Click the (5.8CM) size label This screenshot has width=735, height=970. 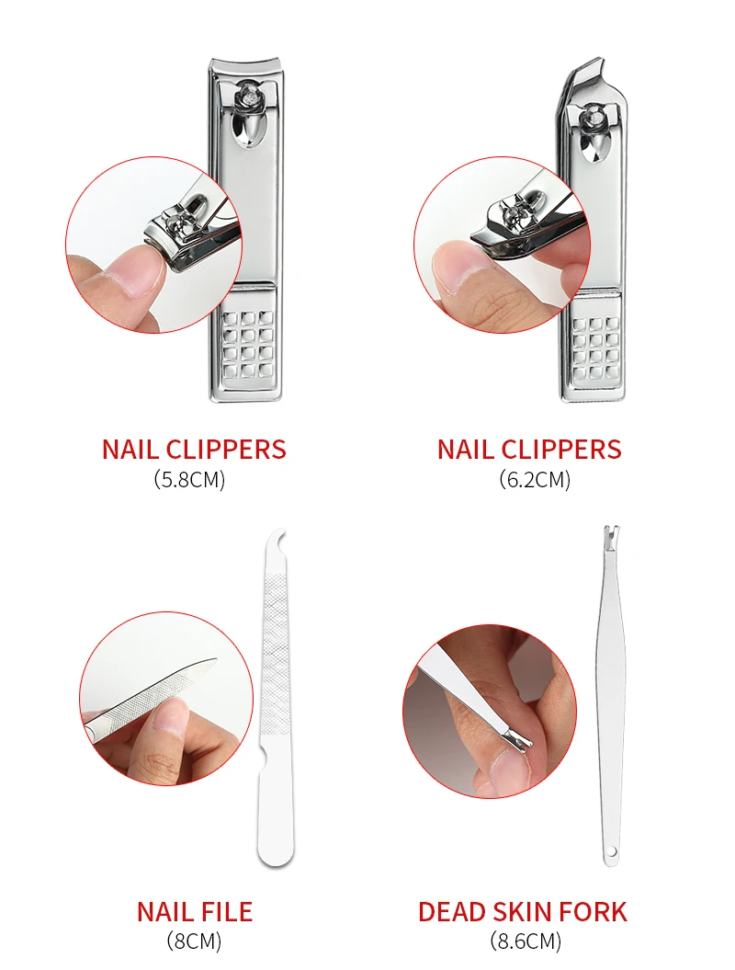(189, 479)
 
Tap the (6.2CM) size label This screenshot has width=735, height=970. (535, 479)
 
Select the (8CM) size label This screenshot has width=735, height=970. (194, 941)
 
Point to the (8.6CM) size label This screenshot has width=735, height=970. (526, 941)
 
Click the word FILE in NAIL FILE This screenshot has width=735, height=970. (226, 912)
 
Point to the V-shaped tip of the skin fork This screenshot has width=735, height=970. (610, 532)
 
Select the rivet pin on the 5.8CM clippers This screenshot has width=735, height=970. (248, 95)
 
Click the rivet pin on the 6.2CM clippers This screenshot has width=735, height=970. (593, 115)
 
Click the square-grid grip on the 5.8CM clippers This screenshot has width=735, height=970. (247, 345)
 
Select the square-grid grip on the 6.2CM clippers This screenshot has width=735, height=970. (596, 348)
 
